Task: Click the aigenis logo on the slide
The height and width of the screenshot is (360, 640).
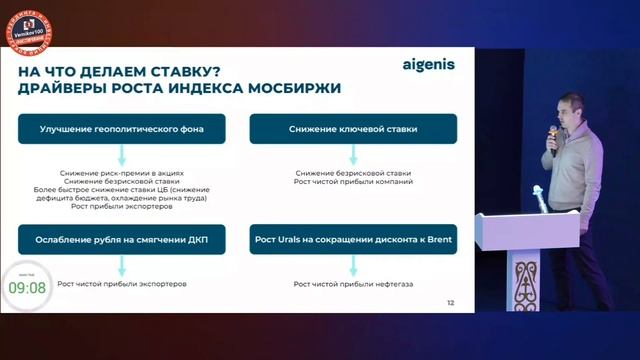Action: pyautogui.click(x=427, y=66)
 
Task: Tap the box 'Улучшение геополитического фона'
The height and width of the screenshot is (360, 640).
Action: pyautogui.click(x=120, y=130)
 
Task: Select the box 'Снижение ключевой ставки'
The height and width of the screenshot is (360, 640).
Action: pyautogui.click(x=353, y=130)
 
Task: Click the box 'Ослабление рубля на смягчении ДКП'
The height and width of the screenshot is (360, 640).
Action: pyautogui.click(x=120, y=242)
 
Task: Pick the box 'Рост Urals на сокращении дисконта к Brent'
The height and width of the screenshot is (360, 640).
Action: pyautogui.click(x=353, y=242)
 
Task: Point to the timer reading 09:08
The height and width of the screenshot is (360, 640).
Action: pyautogui.click(x=27, y=288)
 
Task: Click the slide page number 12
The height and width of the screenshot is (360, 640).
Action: pyautogui.click(x=450, y=302)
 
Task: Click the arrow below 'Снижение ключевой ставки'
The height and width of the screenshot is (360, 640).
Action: pyautogui.click(x=353, y=156)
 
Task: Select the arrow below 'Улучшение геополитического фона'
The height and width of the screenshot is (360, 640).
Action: pyautogui.click(x=120, y=156)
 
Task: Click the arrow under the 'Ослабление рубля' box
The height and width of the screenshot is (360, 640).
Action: pyautogui.click(x=120, y=267)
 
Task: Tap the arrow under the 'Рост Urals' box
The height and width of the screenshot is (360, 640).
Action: pyautogui.click(x=353, y=267)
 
